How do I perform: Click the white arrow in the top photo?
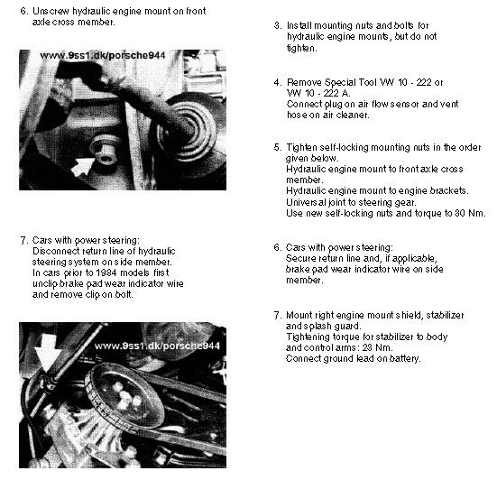point(83,166)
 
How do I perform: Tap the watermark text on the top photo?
point(103,55)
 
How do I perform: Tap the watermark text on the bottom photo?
point(157,346)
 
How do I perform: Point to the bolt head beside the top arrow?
point(105,152)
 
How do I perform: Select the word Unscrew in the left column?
point(51,12)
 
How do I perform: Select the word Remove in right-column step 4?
point(304,82)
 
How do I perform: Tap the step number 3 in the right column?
point(278,25)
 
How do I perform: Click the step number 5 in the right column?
point(278,147)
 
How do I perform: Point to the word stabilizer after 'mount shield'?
point(445,315)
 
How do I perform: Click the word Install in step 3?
point(299,25)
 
